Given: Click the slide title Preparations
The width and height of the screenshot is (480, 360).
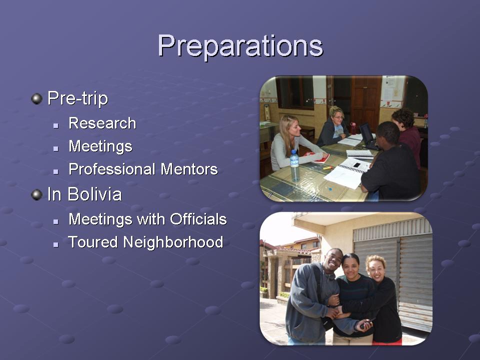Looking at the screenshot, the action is [x=240, y=46].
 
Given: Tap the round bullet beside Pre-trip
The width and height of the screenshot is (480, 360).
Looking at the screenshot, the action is [x=36, y=99].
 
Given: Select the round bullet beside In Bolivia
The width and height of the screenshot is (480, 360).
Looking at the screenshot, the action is [x=36, y=194].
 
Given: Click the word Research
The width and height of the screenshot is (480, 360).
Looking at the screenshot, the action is [x=102, y=123].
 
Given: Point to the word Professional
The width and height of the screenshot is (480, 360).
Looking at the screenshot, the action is [x=113, y=169].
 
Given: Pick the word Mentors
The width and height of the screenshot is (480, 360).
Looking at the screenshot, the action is [x=189, y=169].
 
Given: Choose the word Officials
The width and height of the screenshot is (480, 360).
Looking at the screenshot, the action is [x=198, y=219].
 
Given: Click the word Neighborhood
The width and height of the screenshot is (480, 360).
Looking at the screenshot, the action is [x=173, y=242].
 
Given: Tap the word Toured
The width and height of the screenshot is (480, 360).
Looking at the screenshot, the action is [x=93, y=242].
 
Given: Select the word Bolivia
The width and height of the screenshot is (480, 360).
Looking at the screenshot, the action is [x=94, y=194].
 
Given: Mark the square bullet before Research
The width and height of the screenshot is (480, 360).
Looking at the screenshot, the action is [x=55, y=125].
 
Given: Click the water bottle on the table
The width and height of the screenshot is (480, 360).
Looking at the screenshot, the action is [x=294, y=165].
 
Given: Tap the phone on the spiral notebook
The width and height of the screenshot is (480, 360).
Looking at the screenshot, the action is [x=356, y=165].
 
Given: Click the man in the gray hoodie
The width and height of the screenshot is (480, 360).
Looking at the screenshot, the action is [x=312, y=297].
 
